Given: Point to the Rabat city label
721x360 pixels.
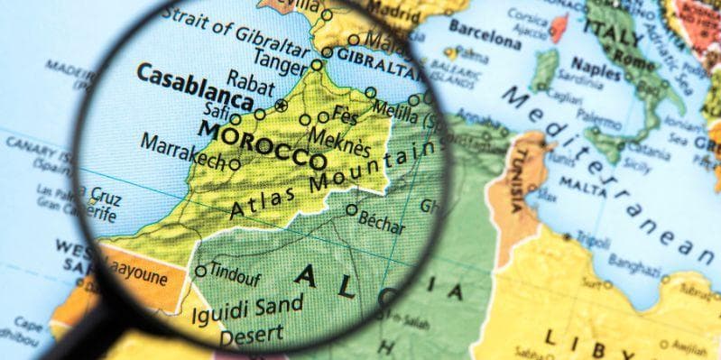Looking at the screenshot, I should point(250,80).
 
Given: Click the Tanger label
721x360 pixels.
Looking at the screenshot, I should point(280,58).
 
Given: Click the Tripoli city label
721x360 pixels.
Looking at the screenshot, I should point(594,240).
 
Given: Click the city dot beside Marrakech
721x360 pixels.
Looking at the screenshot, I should point(235,164).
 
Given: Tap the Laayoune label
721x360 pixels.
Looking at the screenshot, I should point(139,276).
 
